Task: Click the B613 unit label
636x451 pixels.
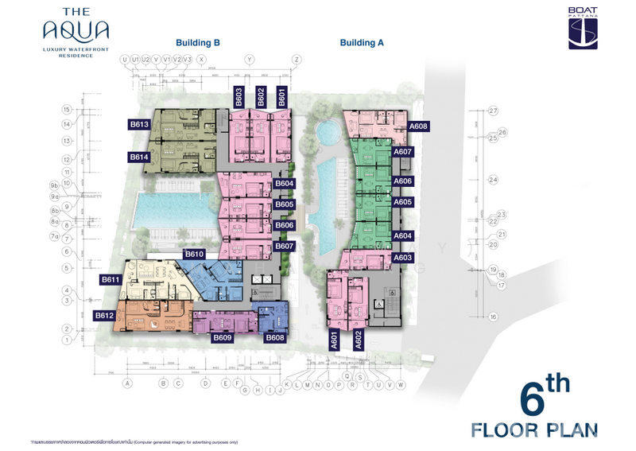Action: tap(139, 124)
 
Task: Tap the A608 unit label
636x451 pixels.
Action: tap(418, 126)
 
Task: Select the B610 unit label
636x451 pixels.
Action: tap(195, 254)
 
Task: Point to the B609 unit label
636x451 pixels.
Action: tap(222, 337)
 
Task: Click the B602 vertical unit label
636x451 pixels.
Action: tap(260, 96)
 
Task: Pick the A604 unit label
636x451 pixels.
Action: tap(403, 236)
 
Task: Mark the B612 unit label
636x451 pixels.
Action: tap(105, 315)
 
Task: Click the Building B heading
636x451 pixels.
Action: tap(197, 43)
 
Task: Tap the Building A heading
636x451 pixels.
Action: tap(362, 43)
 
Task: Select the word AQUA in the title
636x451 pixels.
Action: tap(76, 32)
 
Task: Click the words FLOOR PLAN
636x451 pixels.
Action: tap(533, 430)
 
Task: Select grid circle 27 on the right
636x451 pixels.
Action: tap(493, 111)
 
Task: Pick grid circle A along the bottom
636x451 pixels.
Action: tap(126, 383)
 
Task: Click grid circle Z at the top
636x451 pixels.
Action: tap(296, 60)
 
